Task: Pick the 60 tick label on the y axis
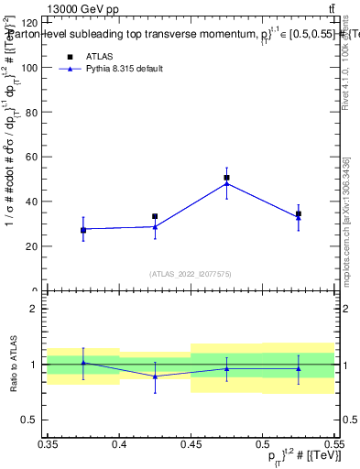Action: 30,157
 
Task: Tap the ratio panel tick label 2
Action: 34,309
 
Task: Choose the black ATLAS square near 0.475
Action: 226,178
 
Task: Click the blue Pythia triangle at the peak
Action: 226,184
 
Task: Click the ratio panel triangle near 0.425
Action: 155,376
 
